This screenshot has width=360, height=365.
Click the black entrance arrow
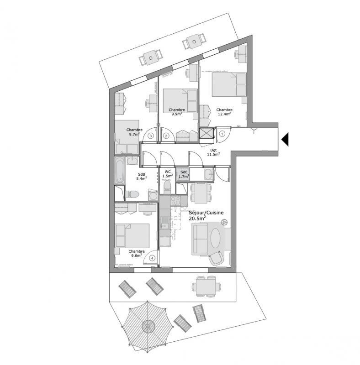coord(285,139)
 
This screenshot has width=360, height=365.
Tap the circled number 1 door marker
coord(222,134)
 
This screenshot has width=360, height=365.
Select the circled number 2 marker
coord(166,136)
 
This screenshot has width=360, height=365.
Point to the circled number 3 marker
coord(150,136)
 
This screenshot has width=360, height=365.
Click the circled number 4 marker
coord(152,258)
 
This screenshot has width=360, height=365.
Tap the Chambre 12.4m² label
coord(224,112)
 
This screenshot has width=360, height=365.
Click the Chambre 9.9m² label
coord(176,112)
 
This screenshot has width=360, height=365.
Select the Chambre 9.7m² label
coord(135,132)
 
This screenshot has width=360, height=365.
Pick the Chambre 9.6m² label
coord(136,254)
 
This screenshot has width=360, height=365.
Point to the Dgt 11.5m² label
coord(213,151)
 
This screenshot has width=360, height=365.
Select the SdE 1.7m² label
coord(183,174)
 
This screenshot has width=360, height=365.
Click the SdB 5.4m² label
coord(142,177)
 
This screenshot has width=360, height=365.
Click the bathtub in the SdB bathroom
coord(119,171)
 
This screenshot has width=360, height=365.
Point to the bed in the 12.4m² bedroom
coord(230,84)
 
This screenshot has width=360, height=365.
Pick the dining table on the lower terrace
coord(204,287)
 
